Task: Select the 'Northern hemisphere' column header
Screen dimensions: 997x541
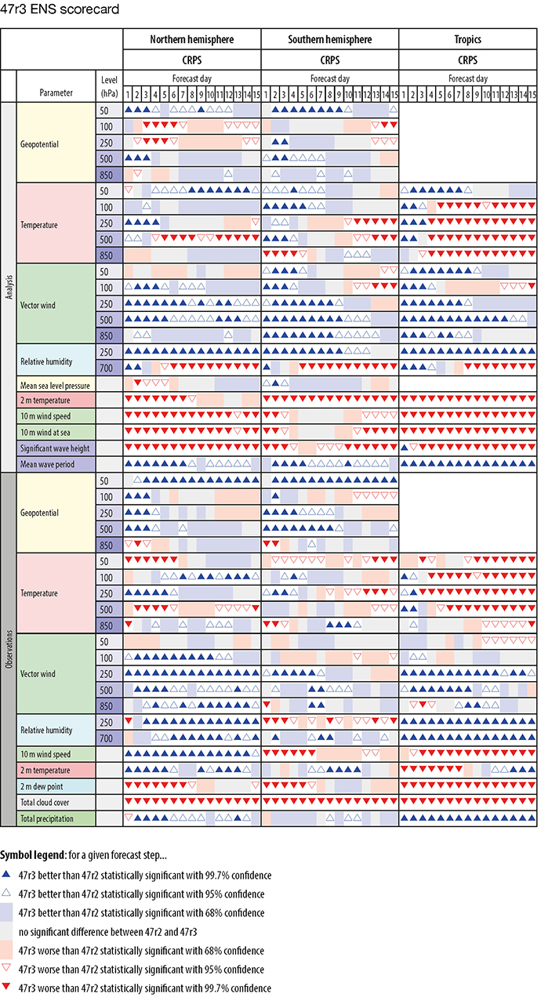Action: click(191, 39)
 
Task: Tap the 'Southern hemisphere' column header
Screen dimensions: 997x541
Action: click(329, 39)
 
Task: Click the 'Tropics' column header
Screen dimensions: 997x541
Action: click(468, 39)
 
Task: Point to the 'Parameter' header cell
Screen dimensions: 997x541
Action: click(56, 92)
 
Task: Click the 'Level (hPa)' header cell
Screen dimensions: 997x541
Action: click(109, 85)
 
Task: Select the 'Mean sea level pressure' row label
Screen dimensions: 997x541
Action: click(56, 385)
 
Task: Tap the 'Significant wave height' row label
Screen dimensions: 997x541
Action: click(56, 447)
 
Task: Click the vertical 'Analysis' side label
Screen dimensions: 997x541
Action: click(8, 287)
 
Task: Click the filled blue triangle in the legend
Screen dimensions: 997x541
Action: click(7, 875)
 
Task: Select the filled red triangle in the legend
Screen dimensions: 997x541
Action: click(7, 988)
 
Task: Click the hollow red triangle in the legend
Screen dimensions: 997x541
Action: click(7, 969)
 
